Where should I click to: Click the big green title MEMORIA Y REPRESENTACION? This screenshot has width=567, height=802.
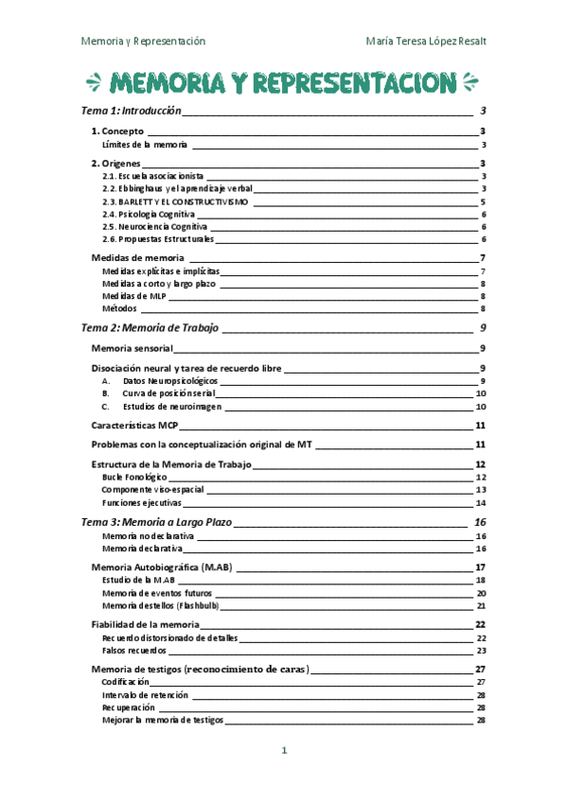click(282, 82)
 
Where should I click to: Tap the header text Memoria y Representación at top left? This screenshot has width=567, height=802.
click(143, 42)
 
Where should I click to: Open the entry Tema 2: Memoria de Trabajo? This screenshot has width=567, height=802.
click(151, 328)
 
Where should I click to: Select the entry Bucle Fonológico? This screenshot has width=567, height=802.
click(134, 478)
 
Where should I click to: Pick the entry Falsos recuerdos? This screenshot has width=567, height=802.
click(134, 651)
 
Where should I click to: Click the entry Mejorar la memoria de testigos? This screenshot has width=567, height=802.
click(162, 720)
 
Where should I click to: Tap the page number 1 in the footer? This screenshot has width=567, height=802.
click(283, 751)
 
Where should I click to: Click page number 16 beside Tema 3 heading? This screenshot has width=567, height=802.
click(480, 522)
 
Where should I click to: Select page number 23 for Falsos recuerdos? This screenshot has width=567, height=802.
click(481, 651)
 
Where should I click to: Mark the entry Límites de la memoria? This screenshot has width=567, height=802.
click(145, 145)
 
